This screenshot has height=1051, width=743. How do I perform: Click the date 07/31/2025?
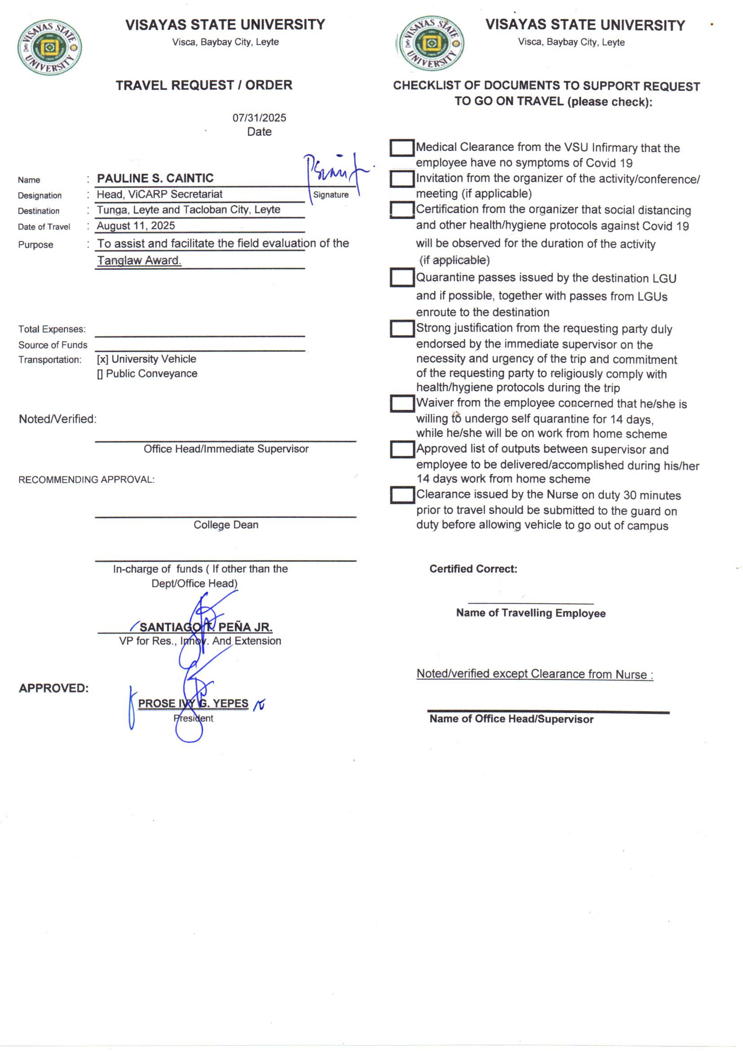tap(259, 118)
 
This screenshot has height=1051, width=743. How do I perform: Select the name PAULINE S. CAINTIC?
tap(155, 178)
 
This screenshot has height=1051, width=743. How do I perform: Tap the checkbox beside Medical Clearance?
tap(402, 148)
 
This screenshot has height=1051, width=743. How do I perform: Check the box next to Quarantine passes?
tap(402, 277)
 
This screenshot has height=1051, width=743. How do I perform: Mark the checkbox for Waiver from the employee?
tap(402, 404)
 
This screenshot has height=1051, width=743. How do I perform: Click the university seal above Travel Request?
tap(49, 47)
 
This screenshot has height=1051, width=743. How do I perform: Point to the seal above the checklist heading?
tap(430, 44)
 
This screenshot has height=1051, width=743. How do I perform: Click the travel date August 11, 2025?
tap(136, 226)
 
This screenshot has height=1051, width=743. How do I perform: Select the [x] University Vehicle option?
tap(146, 359)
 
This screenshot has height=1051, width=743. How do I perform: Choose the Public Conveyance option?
tap(147, 374)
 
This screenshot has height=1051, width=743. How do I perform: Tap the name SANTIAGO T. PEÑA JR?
tap(205, 627)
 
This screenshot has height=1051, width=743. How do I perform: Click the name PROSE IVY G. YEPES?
tap(193, 703)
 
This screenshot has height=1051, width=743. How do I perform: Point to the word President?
tap(193, 718)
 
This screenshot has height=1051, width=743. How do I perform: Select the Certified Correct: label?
tap(473, 569)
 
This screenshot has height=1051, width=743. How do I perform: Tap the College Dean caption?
tap(226, 525)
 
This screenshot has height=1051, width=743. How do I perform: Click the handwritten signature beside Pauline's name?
tap(336, 174)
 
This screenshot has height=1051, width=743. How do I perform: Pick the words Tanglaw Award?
tap(139, 260)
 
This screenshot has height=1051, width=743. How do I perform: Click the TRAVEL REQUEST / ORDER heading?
tap(203, 85)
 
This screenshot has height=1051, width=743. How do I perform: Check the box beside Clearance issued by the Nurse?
tap(402, 495)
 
